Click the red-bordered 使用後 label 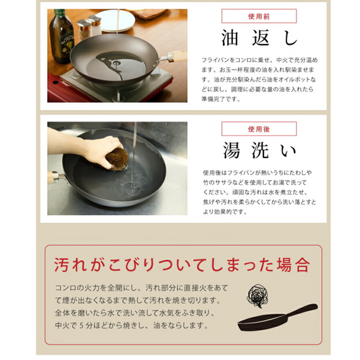249,128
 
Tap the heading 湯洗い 249,150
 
